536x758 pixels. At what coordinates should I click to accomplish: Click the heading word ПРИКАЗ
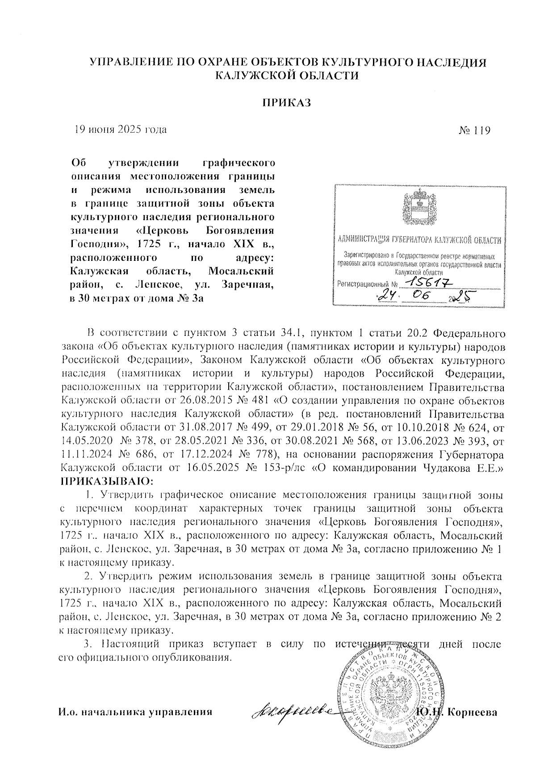285,103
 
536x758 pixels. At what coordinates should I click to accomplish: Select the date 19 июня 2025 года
121,130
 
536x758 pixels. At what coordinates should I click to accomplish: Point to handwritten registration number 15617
425,281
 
